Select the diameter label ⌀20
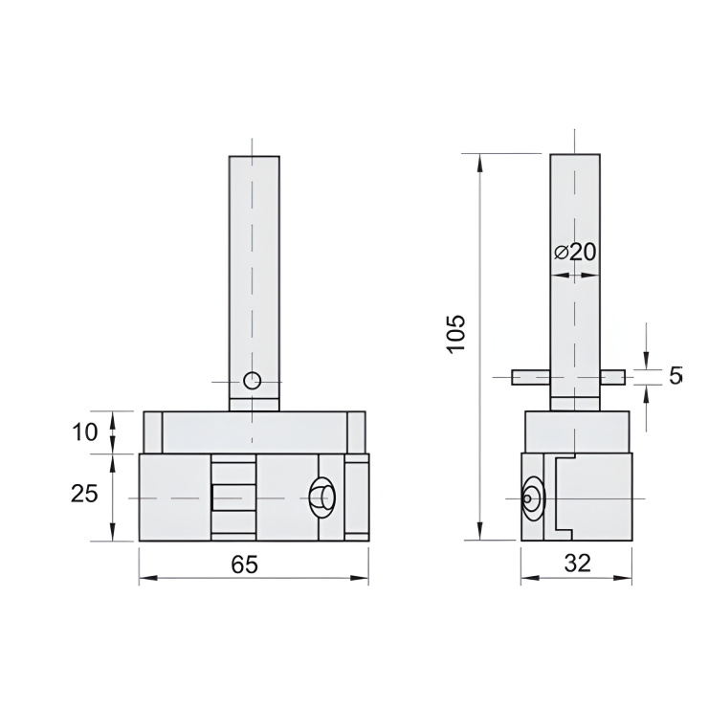pyautogui.click(x=575, y=252)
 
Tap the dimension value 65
pyautogui.click(x=244, y=564)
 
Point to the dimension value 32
pyautogui.click(x=577, y=564)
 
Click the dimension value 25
pyautogui.click(x=85, y=494)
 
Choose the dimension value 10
pyautogui.click(x=85, y=431)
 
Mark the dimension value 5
pyautogui.click(x=675, y=375)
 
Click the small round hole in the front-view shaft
pyautogui.click(x=252, y=380)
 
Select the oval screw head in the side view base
pyautogui.click(x=530, y=498)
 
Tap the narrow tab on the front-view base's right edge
pyautogui.click(x=356, y=498)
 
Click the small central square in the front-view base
pyautogui.click(x=233, y=498)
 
